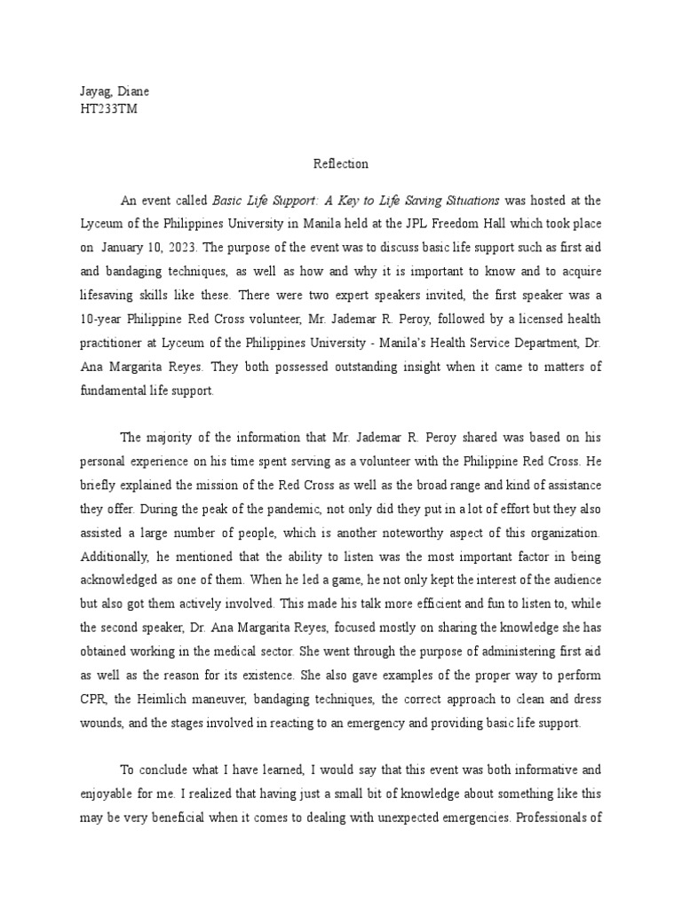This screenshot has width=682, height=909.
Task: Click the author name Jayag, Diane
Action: pos(105,92)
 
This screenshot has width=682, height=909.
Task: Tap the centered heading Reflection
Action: pos(340,164)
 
